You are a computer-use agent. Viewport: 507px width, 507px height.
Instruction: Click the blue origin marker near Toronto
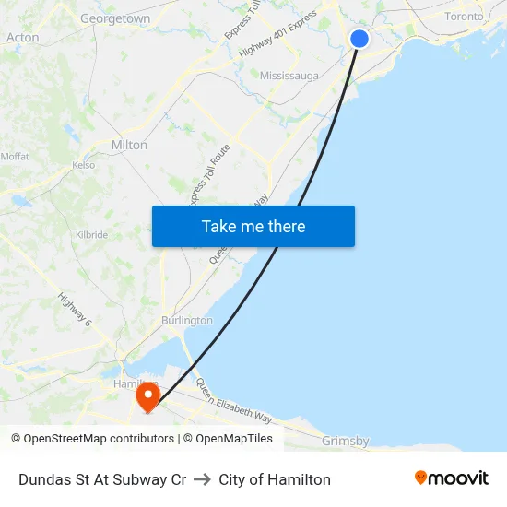coord(360,38)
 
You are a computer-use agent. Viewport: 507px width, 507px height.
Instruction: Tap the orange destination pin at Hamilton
coord(147,397)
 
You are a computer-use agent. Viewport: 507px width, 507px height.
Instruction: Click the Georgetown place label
coord(115,18)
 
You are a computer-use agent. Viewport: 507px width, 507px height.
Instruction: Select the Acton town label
coord(22,38)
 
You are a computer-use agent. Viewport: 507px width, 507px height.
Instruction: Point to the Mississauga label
coord(289,76)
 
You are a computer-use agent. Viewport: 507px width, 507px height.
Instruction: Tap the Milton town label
coord(129,145)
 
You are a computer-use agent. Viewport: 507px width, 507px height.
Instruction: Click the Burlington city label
coord(187,321)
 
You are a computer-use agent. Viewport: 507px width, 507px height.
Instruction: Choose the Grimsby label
coord(346,442)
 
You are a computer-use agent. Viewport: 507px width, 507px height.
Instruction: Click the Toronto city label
coord(464,17)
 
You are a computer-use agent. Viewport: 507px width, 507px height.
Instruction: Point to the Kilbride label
coord(92,235)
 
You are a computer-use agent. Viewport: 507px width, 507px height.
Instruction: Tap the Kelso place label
coord(83,166)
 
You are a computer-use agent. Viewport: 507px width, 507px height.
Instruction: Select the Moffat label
coord(15,157)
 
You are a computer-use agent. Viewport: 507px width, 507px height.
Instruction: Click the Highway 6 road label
coord(75,311)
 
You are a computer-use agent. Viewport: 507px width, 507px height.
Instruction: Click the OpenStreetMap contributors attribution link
coord(99,439)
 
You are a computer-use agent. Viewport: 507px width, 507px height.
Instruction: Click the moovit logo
coord(451,478)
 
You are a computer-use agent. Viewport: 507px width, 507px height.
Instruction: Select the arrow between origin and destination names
coord(203,479)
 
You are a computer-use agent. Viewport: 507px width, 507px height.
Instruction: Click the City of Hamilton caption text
coord(275,479)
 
